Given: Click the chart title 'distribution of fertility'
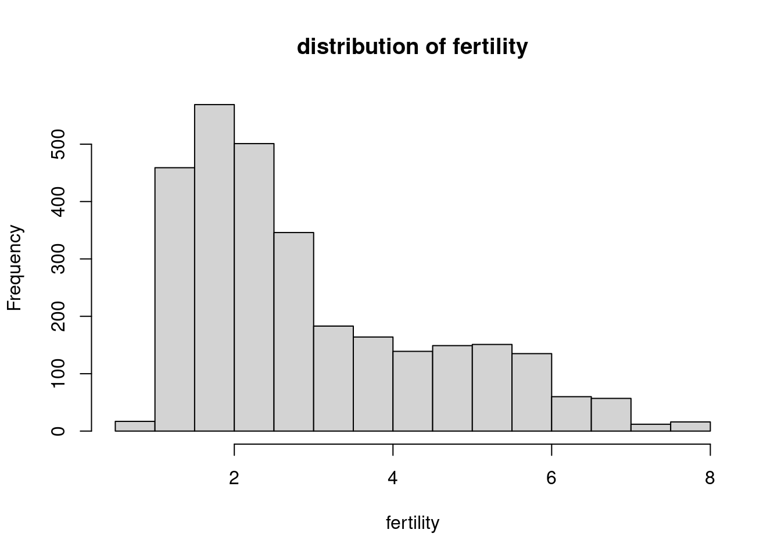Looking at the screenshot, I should [x=412, y=46].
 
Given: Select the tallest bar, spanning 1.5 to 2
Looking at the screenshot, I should [x=214, y=267].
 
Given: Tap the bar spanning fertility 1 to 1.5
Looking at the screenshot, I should [x=174, y=299].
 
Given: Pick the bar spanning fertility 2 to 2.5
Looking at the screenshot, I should [x=254, y=287].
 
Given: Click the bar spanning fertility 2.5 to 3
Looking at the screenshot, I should [x=293, y=331].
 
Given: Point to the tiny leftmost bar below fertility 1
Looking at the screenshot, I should [x=135, y=426].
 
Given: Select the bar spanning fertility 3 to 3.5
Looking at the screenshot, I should [x=334, y=378].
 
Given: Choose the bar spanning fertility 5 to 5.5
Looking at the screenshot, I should [x=492, y=388].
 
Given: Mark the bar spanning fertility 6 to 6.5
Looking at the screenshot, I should [x=571, y=414].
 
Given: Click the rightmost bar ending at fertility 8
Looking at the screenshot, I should [x=690, y=427].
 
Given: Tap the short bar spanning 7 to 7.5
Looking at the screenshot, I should [x=651, y=428].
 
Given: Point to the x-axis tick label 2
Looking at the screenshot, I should [x=234, y=478].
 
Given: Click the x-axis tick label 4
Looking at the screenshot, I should [x=393, y=478].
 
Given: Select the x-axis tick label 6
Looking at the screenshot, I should [x=551, y=478].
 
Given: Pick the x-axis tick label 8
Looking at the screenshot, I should [x=710, y=478].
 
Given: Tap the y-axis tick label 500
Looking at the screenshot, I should [x=59, y=144].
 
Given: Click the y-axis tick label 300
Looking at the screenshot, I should [x=59, y=259].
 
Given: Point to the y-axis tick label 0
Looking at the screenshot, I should [x=59, y=431].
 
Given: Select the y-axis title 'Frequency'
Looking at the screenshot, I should [x=15, y=268].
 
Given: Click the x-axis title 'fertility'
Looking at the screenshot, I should [x=412, y=523].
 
